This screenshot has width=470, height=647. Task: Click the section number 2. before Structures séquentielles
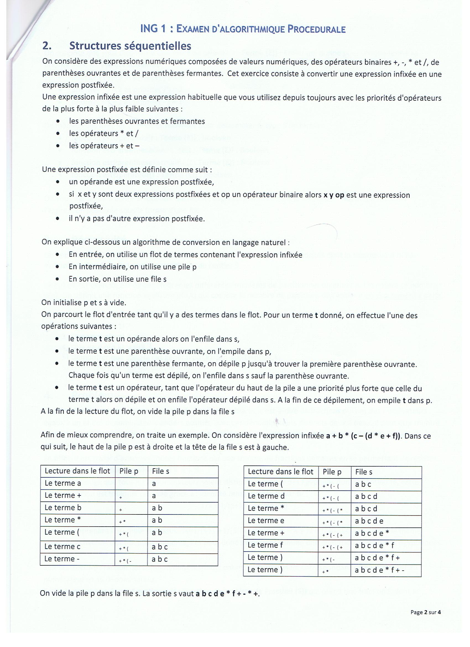tap(47, 46)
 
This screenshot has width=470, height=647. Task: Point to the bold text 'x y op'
tap(334, 195)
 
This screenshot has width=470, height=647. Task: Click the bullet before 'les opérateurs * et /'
tap(58, 133)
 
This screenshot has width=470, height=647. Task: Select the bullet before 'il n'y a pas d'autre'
tap(58, 219)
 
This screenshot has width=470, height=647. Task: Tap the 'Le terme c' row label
tap(62, 547)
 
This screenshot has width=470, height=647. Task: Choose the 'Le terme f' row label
tap(265, 545)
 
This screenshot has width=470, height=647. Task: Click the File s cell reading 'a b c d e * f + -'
tap(380, 570)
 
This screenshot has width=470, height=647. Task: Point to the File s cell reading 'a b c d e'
tap(369, 521)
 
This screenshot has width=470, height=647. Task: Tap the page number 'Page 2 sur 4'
tap(425, 612)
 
